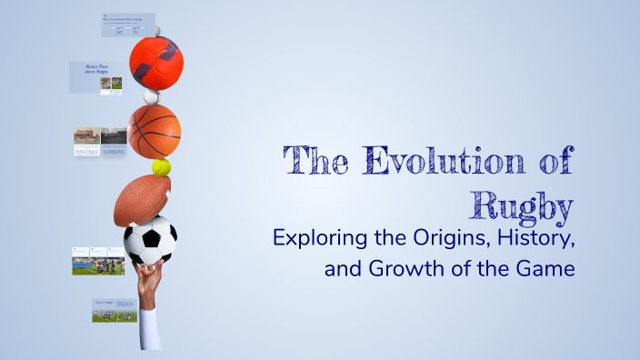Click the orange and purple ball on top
(x=156, y=61)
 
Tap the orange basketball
(x=154, y=131)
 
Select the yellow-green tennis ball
(x=162, y=168)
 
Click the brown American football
(x=142, y=198)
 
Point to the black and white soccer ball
(x=150, y=241)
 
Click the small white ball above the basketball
(x=151, y=94)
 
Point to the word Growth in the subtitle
(x=405, y=270)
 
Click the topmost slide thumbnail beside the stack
(x=127, y=25)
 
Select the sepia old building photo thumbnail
(x=86, y=135)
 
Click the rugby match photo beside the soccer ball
(x=98, y=265)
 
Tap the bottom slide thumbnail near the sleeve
(x=115, y=310)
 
